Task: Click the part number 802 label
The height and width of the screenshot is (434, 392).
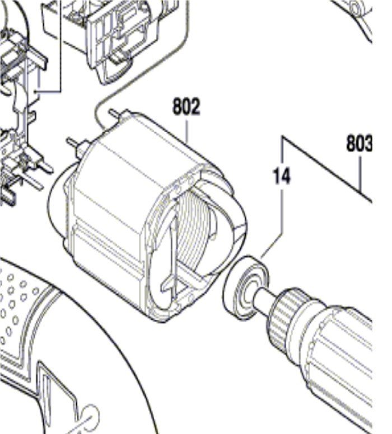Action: pyautogui.click(x=186, y=107)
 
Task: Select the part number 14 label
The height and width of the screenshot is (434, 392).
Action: pyautogui.click(x=282, y=176)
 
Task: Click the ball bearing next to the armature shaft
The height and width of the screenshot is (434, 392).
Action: pyautogui.click(x=246, y=289)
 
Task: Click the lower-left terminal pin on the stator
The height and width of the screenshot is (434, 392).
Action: pyautogui.click(x=76, y=143)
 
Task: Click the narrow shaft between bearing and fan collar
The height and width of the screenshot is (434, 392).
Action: pyautogui.click(x=264, y=299)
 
